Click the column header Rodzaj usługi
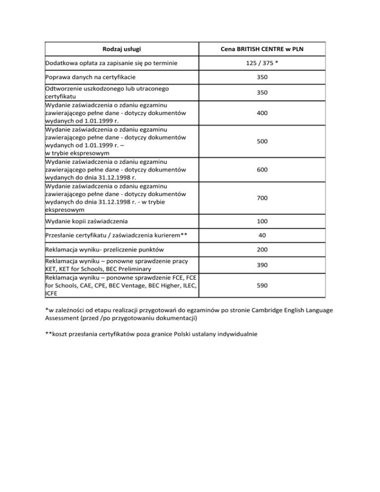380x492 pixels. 122,49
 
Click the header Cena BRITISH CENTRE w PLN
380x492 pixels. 262,49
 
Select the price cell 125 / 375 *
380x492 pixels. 262,63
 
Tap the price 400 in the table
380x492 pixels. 262,113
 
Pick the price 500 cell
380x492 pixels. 262,141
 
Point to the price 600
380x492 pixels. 262,169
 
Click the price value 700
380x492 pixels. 262,197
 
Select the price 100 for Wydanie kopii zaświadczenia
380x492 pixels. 262,221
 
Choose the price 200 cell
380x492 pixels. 262,250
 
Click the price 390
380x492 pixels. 262,265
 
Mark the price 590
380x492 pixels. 262,286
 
